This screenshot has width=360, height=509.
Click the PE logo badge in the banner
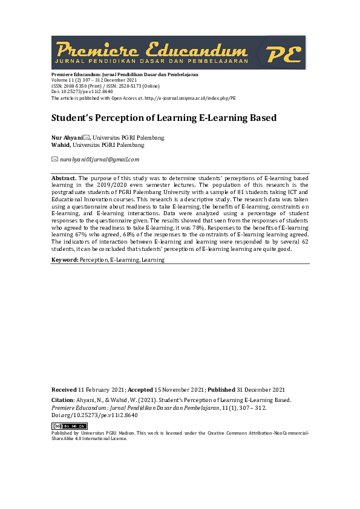click(284, 53)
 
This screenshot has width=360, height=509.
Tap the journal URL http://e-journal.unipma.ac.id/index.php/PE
click(191, 97)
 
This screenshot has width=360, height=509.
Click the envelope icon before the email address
click(54, 160)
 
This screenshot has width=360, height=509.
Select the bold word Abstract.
click(64, 178)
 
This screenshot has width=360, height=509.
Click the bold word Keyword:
click(65, 259)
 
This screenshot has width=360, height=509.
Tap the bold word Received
click(64, 390)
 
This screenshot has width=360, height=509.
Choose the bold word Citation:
click(63, 400)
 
